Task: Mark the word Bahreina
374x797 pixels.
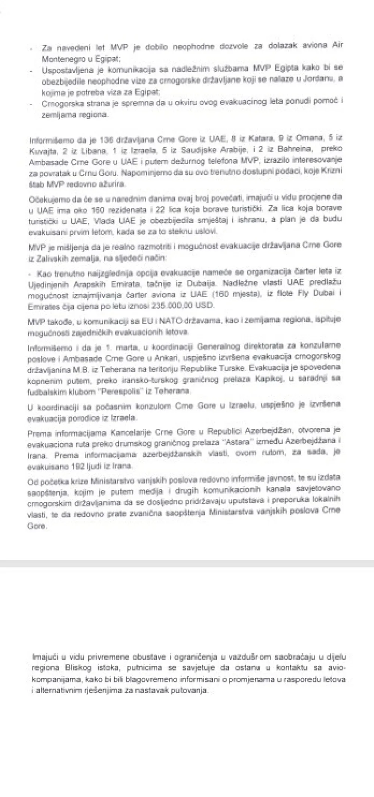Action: pyautogui.click(x=294, y=149)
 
